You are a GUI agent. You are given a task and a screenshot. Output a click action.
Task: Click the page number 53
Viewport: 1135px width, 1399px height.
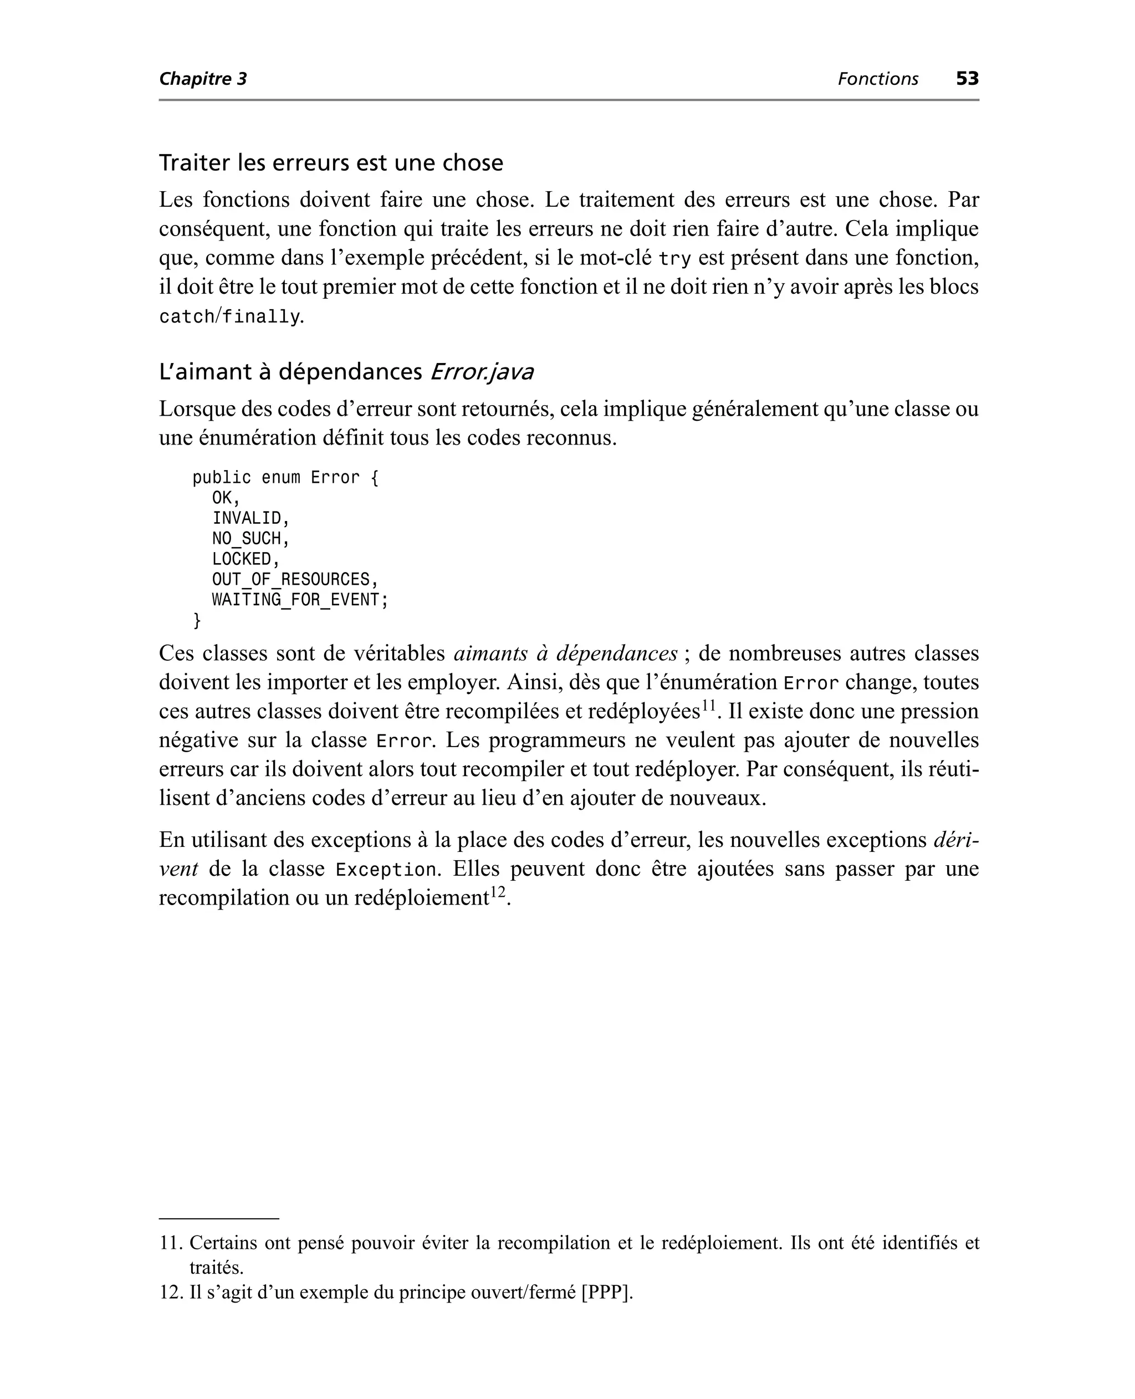point(967,79)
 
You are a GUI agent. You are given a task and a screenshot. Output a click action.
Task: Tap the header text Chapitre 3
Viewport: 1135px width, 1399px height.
point(203,79)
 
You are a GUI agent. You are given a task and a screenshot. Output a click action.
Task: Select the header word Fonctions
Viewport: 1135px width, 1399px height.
point(877,79)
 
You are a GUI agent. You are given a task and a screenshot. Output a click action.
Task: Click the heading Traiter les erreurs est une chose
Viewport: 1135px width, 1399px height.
point(331,163)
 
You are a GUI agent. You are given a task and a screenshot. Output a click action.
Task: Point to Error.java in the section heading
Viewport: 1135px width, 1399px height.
point(481,372)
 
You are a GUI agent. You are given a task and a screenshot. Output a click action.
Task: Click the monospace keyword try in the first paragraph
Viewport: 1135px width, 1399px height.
point(674,259)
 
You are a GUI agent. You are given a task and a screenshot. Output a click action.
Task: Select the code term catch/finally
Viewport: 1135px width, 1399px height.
point(229,318)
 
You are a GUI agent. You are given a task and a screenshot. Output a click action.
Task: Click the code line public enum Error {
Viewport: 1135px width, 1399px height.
point(285,478)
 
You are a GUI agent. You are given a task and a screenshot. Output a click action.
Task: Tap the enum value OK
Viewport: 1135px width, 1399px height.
point(222,498)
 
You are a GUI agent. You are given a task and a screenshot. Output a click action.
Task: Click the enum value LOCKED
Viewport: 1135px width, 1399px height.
point(242,559)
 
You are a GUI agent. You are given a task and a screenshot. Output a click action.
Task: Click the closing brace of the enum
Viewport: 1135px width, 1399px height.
point(197,620)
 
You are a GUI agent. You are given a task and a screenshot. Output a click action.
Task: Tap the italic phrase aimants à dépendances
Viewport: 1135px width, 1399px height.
point(565,653)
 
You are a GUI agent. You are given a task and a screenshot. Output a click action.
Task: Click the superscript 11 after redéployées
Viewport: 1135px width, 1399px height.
point(709,706)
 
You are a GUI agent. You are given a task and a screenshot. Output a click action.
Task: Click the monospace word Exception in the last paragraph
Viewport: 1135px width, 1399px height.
point(385,871)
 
